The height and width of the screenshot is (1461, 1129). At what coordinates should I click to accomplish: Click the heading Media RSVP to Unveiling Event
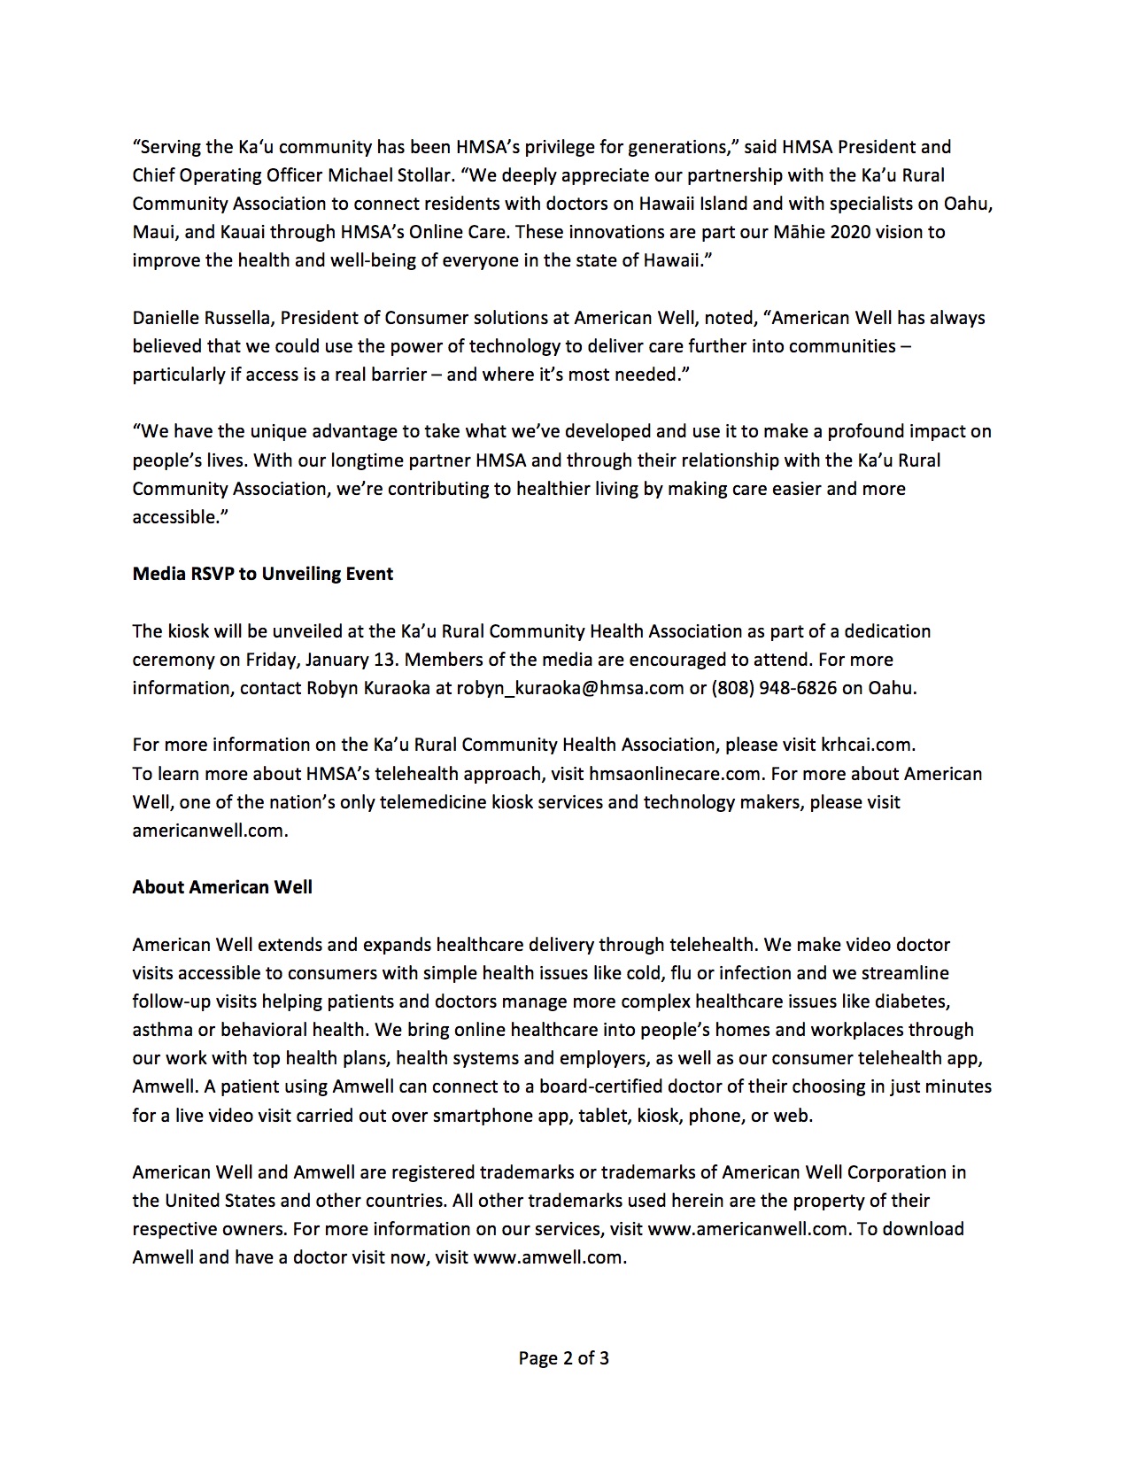pos(263,574)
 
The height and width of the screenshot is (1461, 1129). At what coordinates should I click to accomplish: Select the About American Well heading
pos(222,887)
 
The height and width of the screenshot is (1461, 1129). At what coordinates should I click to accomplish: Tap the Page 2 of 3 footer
pos(564,1358)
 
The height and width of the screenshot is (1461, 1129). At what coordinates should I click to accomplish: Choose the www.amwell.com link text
pos(549,1257)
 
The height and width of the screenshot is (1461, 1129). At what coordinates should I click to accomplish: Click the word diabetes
pos(917,1001)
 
